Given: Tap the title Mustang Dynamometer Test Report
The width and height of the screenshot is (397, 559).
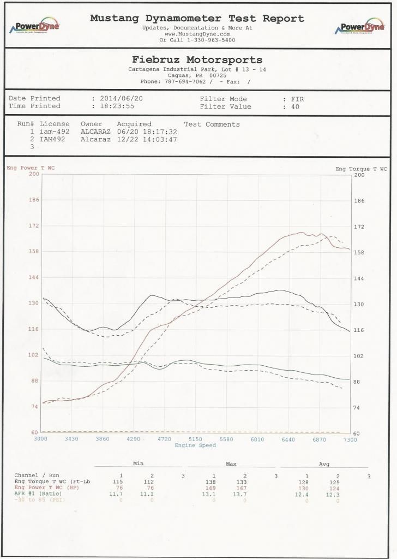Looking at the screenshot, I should [197, 18].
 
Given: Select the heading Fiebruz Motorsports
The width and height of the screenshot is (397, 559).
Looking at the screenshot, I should [197, 60].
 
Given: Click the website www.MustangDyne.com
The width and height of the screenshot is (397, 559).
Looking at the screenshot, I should [197, 34].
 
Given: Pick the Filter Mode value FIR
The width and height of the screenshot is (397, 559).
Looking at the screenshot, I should [298, 99].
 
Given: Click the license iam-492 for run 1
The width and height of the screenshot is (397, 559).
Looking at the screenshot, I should [55, 132].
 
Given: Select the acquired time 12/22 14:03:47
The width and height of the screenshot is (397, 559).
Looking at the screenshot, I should [145, 139].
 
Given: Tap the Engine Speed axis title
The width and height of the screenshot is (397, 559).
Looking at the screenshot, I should [195, 445].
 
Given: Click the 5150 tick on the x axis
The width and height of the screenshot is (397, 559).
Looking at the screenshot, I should [195, 439].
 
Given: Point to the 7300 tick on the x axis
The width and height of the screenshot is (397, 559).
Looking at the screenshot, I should [350, 439].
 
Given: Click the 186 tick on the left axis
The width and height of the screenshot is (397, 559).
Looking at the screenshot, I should [33, 200].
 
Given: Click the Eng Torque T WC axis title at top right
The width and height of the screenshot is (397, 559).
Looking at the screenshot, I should [361, 169].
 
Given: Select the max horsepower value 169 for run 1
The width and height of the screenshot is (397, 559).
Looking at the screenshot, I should [214, 489].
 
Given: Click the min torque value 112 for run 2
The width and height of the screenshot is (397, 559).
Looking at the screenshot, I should [152, 482].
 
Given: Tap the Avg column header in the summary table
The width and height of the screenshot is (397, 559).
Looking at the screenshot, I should [324, 464].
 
